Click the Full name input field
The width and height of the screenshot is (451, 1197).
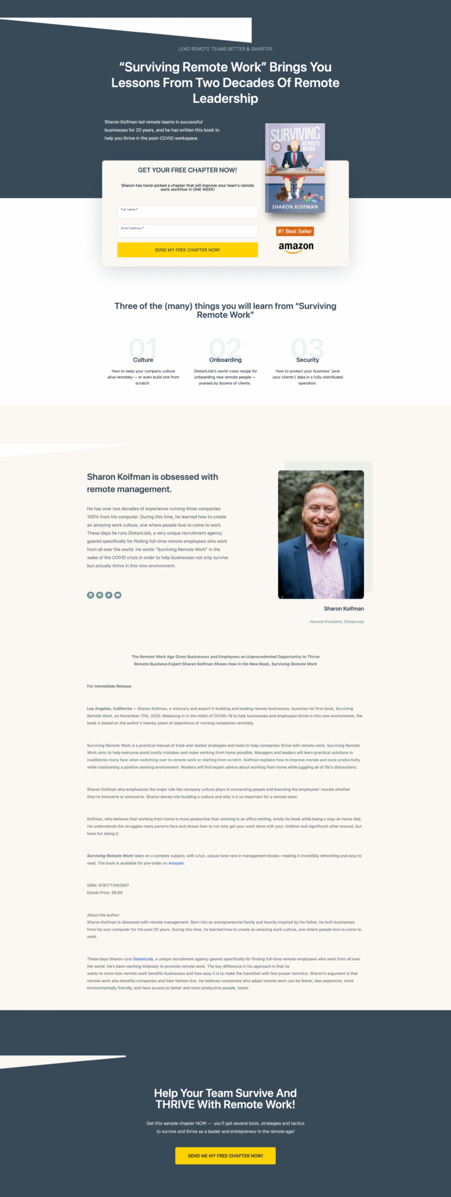[187, 213]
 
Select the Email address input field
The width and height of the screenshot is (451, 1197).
[187, 231]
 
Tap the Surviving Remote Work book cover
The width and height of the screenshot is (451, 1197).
[295, 168]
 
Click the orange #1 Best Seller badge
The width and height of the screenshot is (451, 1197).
[295, 232]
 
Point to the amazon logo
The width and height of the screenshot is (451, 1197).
[296, 247]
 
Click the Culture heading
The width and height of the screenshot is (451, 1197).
[143, 360]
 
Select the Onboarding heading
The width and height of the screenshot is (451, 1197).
[226, 360]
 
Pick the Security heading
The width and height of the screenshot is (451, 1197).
[307, 360]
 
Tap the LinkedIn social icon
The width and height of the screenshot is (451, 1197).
[90, 595]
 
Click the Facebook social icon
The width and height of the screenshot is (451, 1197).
[100, 595]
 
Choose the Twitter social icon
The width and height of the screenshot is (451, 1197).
[109, 595]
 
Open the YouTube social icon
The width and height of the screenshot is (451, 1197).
[118, 595]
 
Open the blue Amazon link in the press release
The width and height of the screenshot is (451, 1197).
[176, 863]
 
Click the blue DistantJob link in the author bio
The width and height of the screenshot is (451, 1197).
[143, 959]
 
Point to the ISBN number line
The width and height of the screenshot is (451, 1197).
[108, 885]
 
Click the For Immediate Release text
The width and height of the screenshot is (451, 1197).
[109, 686]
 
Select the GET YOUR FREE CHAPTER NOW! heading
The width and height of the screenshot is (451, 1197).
[187, 170]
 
